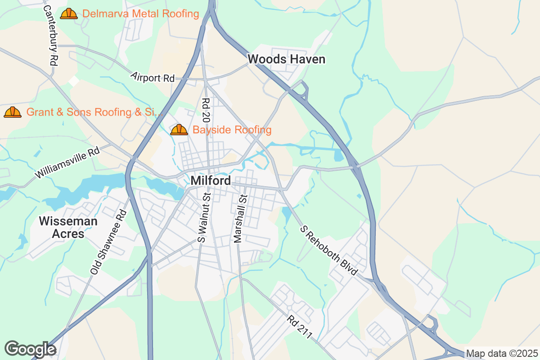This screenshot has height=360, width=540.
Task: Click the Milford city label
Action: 211,180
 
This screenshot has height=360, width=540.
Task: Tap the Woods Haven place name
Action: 286,59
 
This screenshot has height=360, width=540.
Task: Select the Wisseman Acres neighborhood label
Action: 68,227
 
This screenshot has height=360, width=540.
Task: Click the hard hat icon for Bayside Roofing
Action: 179,130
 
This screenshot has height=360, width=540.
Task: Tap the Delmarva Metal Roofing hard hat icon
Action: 69,13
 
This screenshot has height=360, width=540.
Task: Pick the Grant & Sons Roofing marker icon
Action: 13,112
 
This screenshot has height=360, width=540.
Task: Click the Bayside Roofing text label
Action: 232,130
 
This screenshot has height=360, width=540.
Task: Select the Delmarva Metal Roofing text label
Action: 140,14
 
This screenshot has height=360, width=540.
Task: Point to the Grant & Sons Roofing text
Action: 94,112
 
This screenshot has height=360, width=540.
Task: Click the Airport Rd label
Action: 153,77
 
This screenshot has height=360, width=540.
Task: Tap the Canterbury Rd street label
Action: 51,36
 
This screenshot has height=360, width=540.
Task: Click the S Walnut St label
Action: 204,218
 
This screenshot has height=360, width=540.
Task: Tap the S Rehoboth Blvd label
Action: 329,251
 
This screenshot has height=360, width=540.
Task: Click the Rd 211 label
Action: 300,327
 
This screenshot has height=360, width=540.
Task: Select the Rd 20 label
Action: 206,110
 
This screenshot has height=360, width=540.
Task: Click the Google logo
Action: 30,349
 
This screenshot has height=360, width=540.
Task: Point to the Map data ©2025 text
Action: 501,354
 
